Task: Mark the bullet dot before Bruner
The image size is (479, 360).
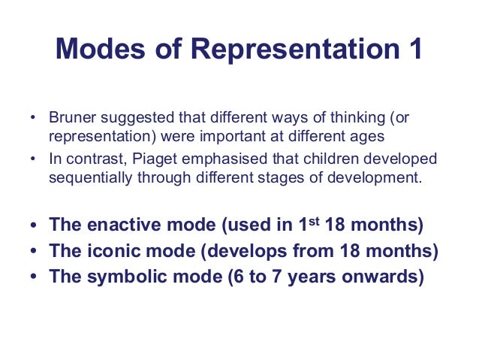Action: [x=32, y=119]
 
